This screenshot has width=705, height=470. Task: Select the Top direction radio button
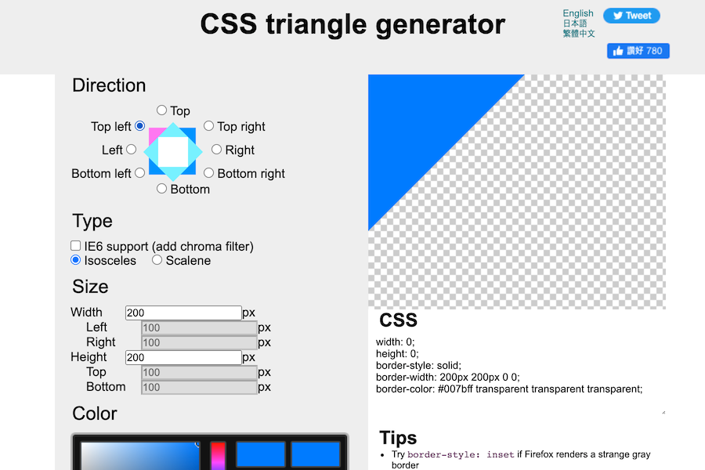161,110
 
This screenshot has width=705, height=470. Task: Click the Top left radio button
139,125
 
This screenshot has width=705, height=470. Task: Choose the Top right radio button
208,125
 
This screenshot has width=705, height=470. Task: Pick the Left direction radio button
131,149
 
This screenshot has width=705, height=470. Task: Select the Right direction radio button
216,149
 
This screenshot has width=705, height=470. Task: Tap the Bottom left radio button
139,172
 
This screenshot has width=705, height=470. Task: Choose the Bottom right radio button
208,172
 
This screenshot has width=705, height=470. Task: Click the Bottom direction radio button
161,188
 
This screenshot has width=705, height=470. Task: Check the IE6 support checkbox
76,246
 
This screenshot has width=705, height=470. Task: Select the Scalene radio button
157,260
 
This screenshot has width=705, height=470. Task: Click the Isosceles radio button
76,260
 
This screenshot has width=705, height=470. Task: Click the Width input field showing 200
183,313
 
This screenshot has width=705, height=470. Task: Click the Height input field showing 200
183,357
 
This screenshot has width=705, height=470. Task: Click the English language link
578,13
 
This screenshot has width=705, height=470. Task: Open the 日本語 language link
575,23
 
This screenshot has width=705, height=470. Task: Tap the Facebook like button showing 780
638,51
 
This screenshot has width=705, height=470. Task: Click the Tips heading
398,437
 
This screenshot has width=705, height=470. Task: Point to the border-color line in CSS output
509,389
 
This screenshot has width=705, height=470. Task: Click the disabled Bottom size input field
199,387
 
